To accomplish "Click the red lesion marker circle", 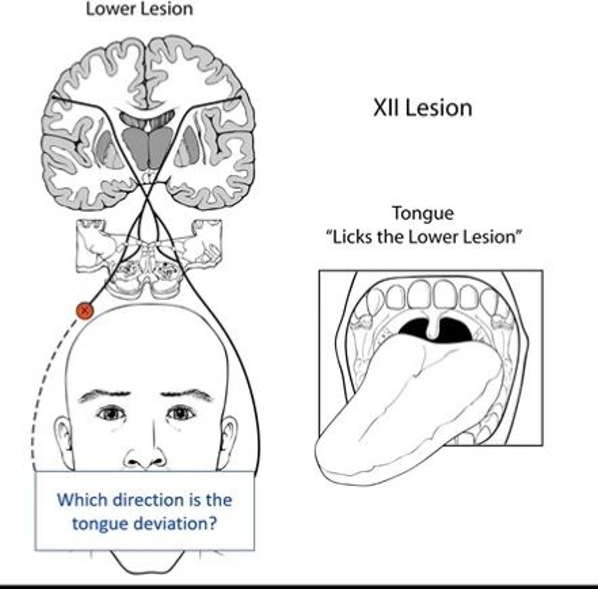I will [x=85, y=311].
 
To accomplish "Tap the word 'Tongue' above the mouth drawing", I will [x=422, y=214].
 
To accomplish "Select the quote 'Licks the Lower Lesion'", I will [x=422, y=237].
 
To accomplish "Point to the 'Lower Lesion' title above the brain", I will [x=139, y=9].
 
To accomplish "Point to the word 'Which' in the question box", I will [x=81, y=500].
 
